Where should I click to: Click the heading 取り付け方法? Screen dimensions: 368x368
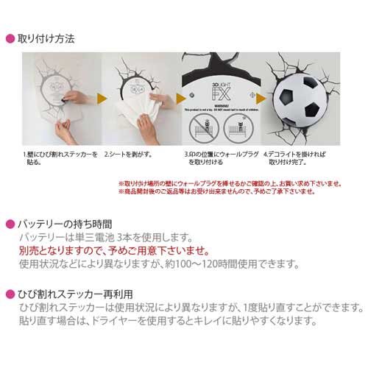[x=45, y=37]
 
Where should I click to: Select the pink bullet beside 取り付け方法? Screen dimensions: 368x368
[x=10, y=38]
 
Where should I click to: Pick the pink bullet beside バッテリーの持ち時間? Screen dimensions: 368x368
[x=10, y=223]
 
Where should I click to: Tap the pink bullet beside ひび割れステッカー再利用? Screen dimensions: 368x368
[x=10, y=292]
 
